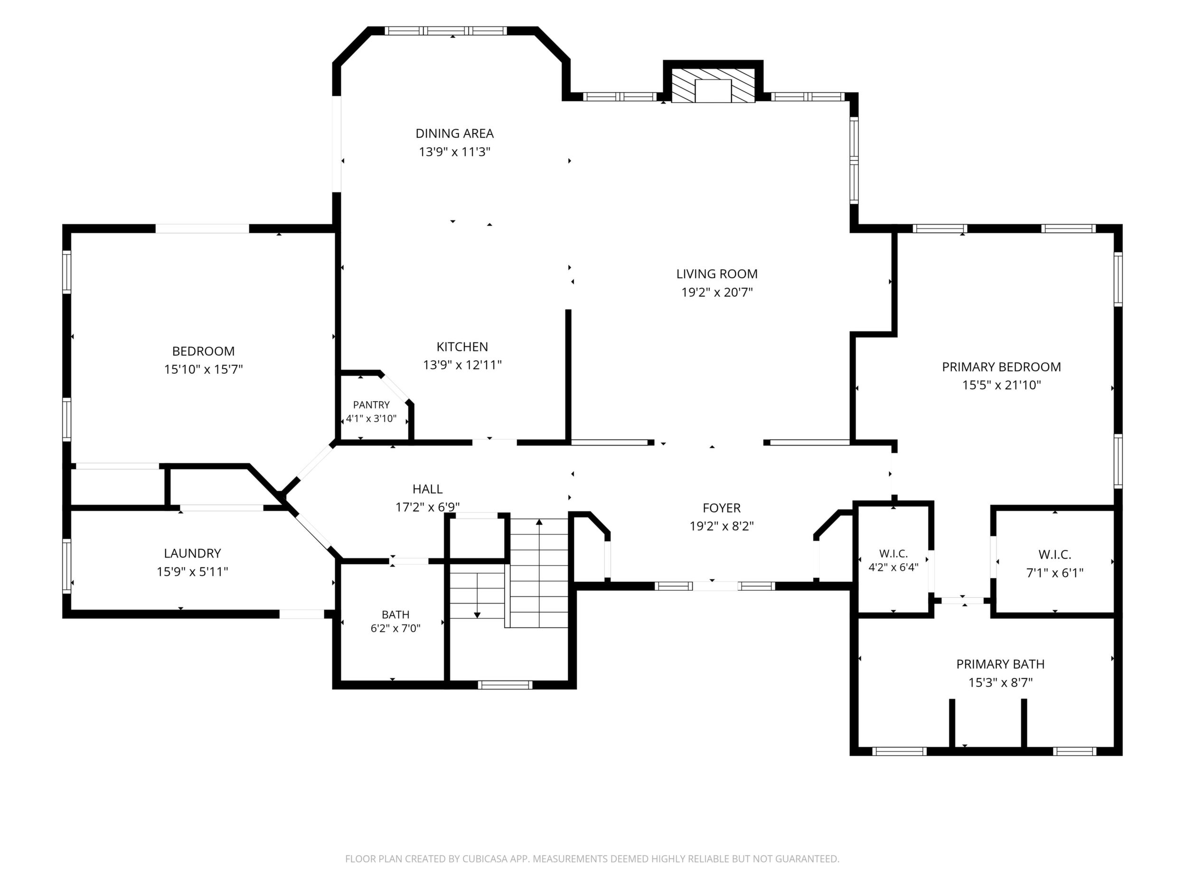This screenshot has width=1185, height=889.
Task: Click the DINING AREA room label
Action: coord(454,133)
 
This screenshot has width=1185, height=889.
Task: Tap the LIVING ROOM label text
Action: coord(717,274)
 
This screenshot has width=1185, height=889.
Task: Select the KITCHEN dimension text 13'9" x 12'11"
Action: coord(462,365)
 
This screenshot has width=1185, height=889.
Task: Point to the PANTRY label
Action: coord(371,405)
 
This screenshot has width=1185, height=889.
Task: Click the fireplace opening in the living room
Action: coord(713,91)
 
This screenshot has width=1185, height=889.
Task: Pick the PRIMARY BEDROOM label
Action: coord(1001,367)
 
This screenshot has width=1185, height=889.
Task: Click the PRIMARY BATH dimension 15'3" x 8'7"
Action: coord(1000,682)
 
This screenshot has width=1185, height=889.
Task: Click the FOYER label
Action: coord(722,508)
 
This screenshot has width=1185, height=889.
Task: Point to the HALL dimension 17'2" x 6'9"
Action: coord(427,507)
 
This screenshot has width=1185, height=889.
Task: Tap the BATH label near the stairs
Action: coord(395,615)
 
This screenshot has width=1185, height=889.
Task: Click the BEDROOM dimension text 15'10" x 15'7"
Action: coord(204,369)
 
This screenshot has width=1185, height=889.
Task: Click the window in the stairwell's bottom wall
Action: coord(505,684)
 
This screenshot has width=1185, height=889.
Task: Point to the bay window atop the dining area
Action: coord(446,31)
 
